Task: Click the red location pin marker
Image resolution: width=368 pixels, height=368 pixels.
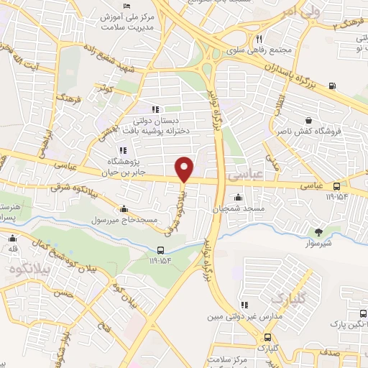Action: pyautogui.click(x=185, y=168)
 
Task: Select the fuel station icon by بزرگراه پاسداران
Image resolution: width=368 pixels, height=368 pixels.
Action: pyautogui.click(x=331, y=86)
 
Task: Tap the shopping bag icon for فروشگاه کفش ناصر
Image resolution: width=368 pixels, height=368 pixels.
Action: pyautogui.click(x=309, y=121)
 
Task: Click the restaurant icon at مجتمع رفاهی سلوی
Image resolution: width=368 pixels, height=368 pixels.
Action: pyautogui.click(x=259, y=40)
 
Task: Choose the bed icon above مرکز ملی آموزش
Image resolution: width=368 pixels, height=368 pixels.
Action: pyautogui.click(x=127, y=6)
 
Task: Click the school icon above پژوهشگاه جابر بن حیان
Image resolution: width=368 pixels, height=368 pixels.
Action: pyautogui.click(x=123, y=150)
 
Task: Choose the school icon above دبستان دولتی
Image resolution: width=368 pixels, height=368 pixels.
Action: pyautogui.click(x=155, y=110)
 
